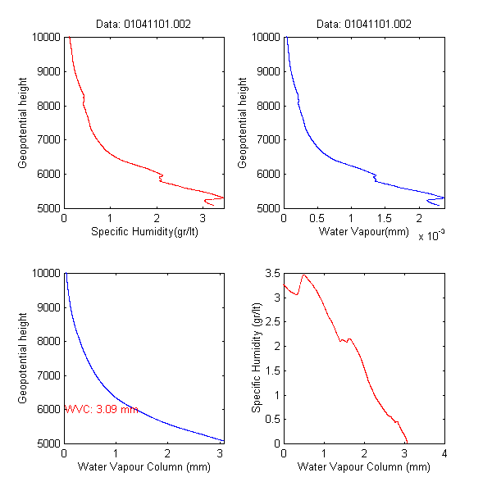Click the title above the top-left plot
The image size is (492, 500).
144,24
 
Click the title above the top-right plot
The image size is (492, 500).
364,24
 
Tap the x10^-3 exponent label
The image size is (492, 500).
431,236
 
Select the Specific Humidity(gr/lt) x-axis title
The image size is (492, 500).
144,231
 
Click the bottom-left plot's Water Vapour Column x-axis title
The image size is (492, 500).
144,467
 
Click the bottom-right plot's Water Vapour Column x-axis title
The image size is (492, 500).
364,467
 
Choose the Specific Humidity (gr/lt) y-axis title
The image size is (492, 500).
257,357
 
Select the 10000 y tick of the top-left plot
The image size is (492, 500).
46,37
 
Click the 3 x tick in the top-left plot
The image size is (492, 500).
202,218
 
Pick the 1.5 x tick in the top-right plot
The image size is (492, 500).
385,218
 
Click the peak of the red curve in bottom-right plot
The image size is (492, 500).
304,275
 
